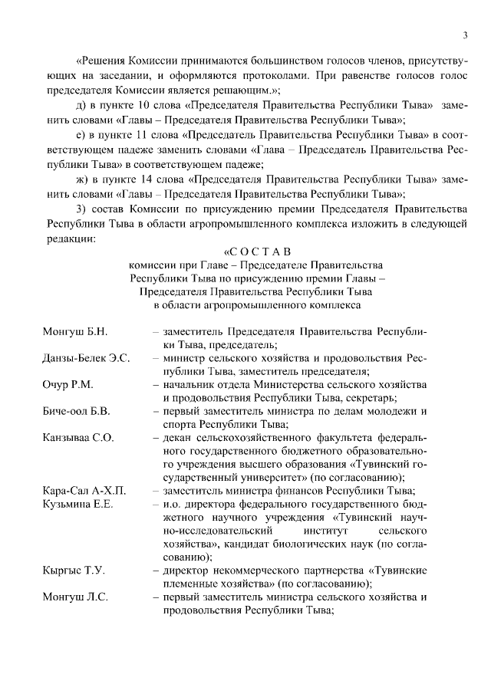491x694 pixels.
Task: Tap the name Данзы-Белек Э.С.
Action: [x=86, y=358]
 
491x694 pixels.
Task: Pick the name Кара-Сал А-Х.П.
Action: [x=83, y=491]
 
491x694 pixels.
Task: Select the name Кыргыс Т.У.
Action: [x=74, y=571]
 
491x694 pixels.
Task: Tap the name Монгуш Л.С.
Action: [x=74, y=597]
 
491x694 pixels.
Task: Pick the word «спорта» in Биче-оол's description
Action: [x=180, y=425]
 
